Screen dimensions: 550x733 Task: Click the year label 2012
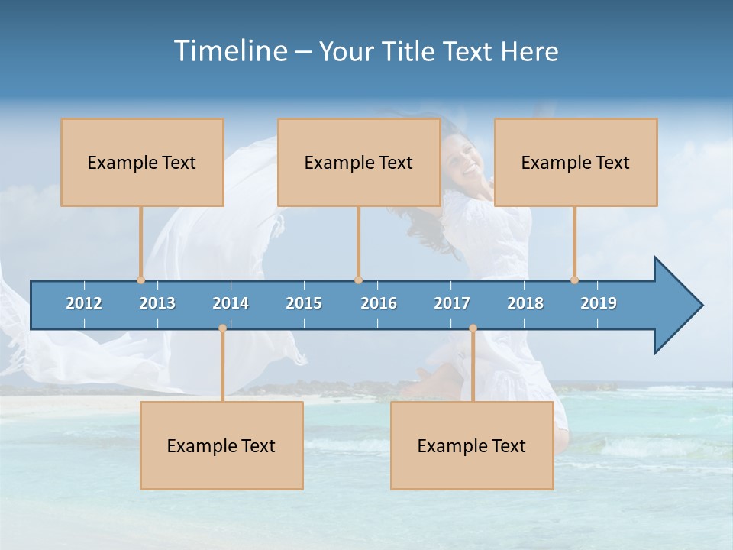coord(84,303)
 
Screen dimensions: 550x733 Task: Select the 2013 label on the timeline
coord(157,303)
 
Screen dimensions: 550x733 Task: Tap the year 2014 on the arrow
coord(231,303)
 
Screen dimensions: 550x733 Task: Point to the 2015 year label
coord(304,303)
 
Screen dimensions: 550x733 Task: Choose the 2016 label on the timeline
coord(379,303)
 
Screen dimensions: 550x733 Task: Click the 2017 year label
coord(452,303)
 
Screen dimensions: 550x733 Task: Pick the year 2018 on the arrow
coord(525,303)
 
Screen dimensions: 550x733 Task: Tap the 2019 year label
coord(599,303)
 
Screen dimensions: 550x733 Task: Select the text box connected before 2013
coord(142,162)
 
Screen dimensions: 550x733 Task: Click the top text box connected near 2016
coord(359,162)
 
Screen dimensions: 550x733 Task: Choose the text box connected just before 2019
coord(576,162)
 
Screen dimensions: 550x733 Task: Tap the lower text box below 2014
coord(221,445)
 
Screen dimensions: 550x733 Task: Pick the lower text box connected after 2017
coord(472,445)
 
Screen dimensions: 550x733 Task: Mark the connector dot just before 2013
coord(140,280)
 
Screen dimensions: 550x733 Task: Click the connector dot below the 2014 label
coord(222,328)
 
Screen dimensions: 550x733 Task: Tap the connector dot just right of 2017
coord(473,328)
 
